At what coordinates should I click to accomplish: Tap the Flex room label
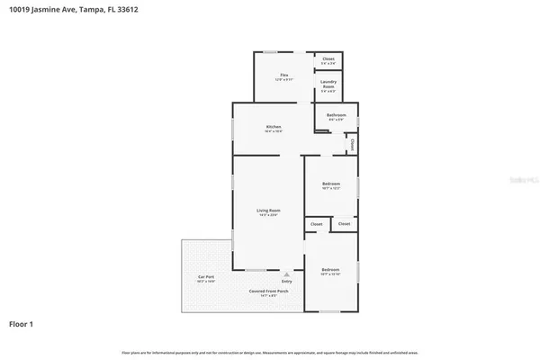pos(283,75)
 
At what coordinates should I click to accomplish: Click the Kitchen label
pos(274,127)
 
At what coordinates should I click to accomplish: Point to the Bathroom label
pos(337,115)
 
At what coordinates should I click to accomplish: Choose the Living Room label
pos(269,210)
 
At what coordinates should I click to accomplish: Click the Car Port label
pos(206,276)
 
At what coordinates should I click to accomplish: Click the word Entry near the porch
pos(286,282)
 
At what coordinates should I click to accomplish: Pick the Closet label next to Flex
pos(328,58)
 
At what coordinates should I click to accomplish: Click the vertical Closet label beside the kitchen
pos(352,143)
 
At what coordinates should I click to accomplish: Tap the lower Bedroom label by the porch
pos(330,269)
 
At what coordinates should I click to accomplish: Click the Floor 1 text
pos(21,323)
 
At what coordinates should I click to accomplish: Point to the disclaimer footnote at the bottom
pos(270,351)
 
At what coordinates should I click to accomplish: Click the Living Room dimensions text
pos(269,215)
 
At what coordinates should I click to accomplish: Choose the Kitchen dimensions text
pos(274,132)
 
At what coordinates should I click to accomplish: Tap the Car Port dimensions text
pos(206,282)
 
